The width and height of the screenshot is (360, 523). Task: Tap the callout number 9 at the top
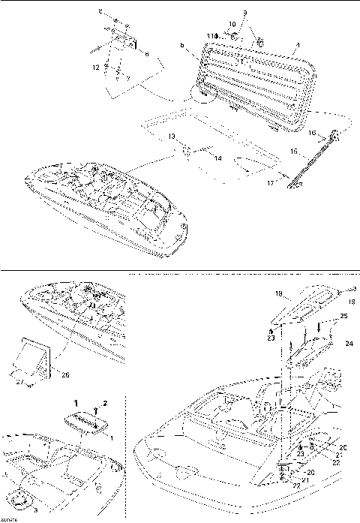[x=244, y=14]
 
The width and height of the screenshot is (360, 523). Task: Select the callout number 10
[x=232, y=24]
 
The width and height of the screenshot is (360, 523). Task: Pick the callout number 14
[x=199, y=158]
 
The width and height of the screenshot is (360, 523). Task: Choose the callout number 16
[x=310, y=132]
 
